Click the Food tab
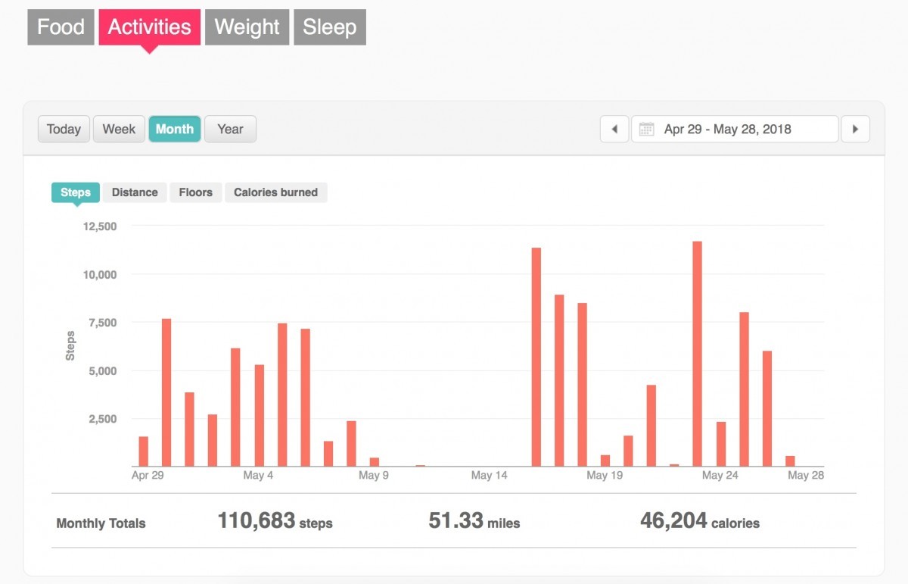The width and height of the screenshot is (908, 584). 61,27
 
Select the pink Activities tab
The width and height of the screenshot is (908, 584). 149,27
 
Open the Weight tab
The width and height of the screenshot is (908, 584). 247,27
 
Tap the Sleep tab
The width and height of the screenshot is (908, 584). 330,27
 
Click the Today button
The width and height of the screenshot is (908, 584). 64,129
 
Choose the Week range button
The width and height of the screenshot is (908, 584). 119,129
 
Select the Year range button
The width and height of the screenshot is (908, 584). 230,129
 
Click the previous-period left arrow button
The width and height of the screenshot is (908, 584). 614,129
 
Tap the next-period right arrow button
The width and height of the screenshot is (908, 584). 855,129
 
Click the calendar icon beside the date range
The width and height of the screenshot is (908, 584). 646,129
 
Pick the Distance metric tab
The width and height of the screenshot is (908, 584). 135,192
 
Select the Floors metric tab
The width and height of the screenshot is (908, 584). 195,192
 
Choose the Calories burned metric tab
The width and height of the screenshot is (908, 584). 275,192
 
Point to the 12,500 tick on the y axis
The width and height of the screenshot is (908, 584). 99,226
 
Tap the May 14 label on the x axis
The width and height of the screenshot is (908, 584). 489,476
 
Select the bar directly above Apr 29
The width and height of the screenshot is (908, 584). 144,451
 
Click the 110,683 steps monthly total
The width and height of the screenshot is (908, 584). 275,521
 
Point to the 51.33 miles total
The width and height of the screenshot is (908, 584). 474,521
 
